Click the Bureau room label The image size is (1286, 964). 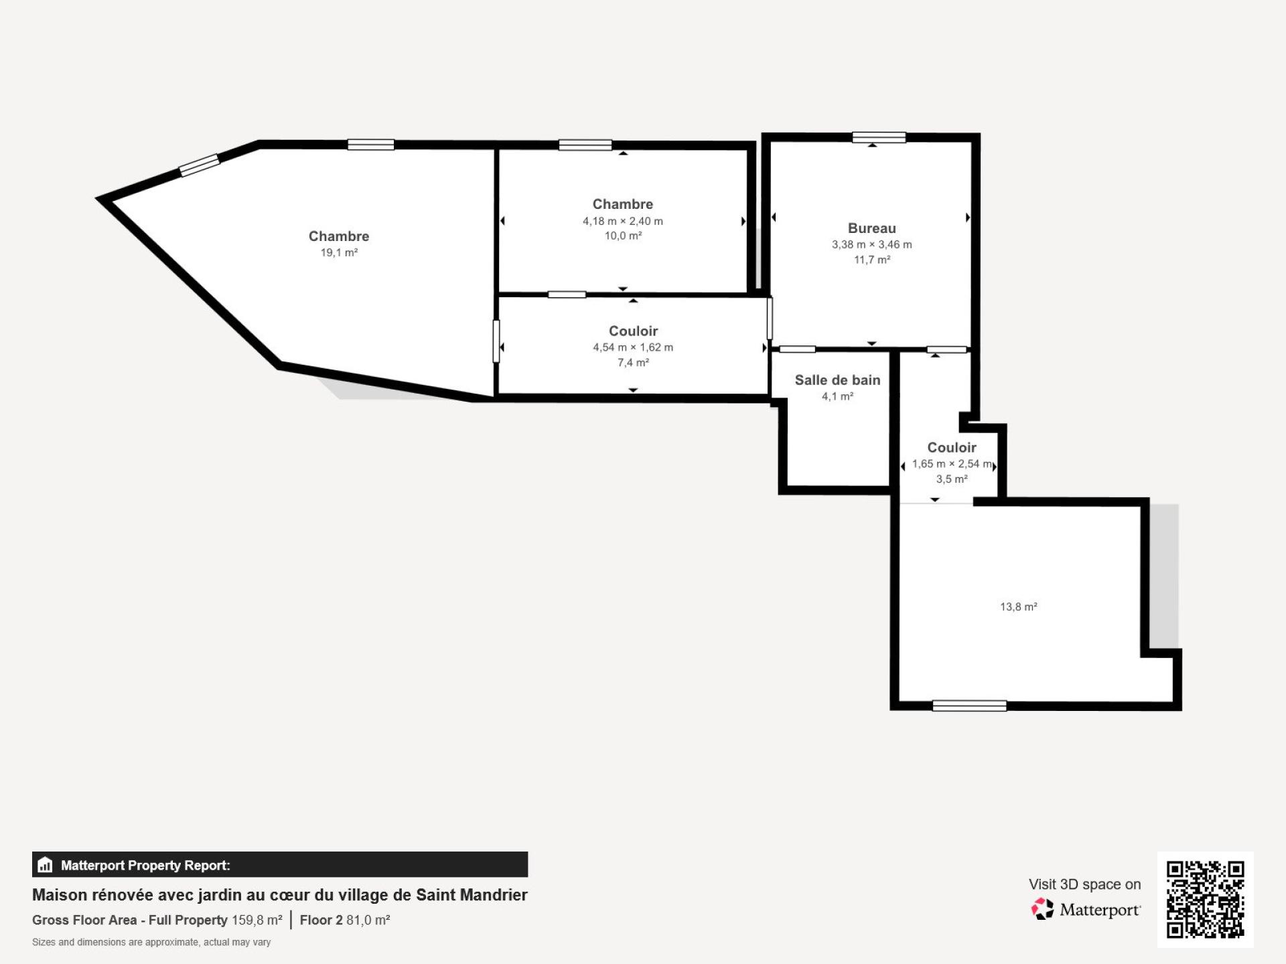click(x=871, y=228)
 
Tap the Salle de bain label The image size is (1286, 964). click(x=837, y=380)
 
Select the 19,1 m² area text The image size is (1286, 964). click(x=339, y=252)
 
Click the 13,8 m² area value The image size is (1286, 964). click(x=1019, y=607)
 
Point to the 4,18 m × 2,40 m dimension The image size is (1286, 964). click(x=623, y=221)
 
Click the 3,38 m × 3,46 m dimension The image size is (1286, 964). click(x=871, y=245)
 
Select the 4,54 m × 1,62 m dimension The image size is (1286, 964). click(x=633, y=347)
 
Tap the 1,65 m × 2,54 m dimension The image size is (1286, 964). click(x=952, y=464)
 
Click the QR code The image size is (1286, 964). click(x=1206, y=899)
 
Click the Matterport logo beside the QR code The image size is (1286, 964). click(x=1086, y=909)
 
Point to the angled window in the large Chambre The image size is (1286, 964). click(x=200, y=165)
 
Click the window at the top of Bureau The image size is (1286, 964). click(x=879, y=137)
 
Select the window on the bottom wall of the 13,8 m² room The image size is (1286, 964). click(x=969, y=706)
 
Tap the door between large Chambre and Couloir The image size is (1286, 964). click(x=496, y=341)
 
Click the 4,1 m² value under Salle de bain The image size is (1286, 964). click(x=837, y=396)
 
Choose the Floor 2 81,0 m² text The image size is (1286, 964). click(x=345, y=920)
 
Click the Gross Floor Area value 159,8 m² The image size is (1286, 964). click(x=257, y=920)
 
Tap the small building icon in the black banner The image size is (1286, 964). click(x=45, y=865)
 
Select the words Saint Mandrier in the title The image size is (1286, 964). click(x=472, y=895)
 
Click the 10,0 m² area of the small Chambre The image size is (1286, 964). click(x=623, y=236)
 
